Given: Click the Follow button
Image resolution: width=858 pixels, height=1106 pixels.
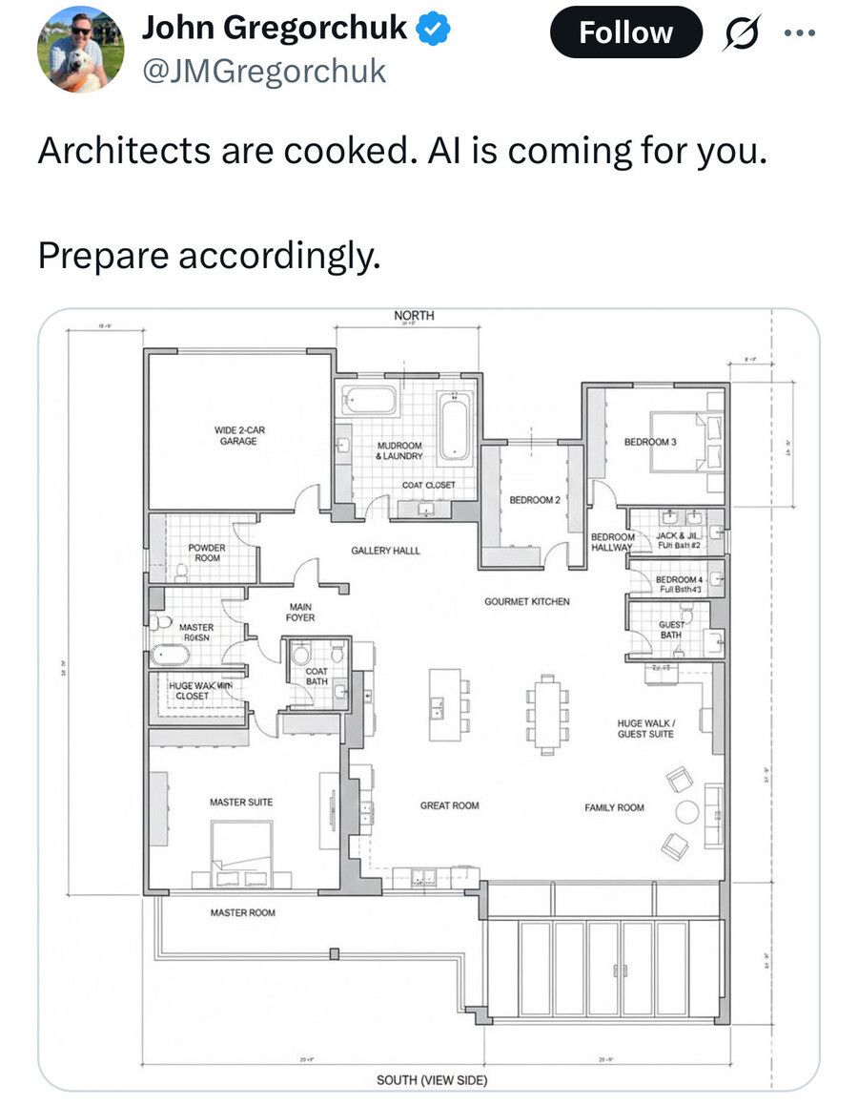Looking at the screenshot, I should pos(625,32).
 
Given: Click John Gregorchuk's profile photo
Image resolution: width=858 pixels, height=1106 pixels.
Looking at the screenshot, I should pos(80,48).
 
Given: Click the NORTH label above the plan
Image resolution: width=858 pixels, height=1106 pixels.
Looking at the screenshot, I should pos(414,315).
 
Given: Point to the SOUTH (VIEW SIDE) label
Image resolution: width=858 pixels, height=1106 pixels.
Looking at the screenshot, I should pos(432,1080).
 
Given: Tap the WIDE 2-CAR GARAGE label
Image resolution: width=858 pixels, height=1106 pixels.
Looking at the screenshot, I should pos(239,436).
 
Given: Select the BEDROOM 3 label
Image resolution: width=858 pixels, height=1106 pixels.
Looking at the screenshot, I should pos(650,442).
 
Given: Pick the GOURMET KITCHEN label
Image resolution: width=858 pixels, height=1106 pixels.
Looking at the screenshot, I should pos(527,602).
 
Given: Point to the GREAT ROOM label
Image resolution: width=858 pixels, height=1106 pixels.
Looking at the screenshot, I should pos(450,806).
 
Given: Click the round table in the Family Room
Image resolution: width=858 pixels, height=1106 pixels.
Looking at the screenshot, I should pos(687,812).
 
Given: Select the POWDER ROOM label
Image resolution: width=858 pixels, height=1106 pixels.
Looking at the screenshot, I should pos(207,553).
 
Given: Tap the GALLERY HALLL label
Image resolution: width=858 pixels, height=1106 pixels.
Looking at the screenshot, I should pos(385,552).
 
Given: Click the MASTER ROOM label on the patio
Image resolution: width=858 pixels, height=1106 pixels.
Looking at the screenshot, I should pos(242,913).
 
